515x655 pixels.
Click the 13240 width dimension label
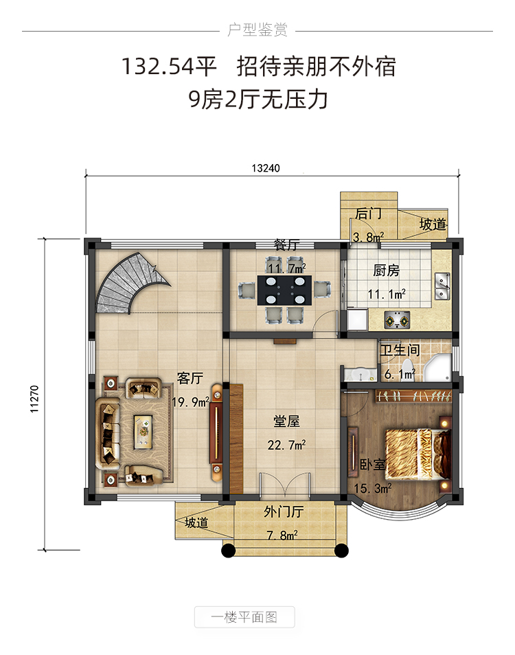point(266,168)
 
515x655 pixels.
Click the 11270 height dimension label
point(34,399)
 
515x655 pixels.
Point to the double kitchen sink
point(442,286)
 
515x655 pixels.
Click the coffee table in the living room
point(144,432)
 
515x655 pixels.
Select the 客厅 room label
point(190,378)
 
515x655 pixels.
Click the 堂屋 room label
point(286,421)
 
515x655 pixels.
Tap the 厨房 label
point(386,271)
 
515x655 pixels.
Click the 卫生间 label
point(400,349)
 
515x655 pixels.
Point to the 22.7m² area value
point(286,445)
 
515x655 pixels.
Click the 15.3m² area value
point(373,488)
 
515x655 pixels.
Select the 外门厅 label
point(284,512)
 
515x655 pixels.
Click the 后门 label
point(368,214)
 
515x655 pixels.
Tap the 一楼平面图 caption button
point(244,617)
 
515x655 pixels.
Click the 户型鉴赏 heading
point(257,30)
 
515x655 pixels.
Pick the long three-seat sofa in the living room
point(108,433)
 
